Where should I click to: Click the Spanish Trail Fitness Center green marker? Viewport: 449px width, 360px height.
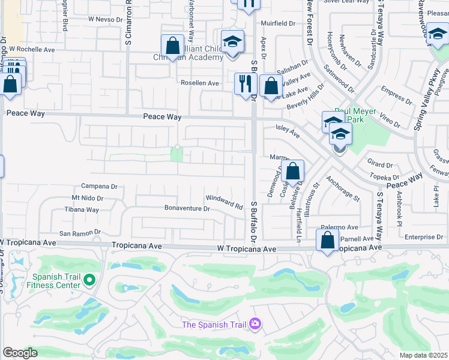[89, 280]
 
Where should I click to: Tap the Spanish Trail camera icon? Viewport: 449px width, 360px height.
[256, 324]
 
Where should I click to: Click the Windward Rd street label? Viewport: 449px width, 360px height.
[224, 202]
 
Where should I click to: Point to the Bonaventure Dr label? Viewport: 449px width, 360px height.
[187, 209]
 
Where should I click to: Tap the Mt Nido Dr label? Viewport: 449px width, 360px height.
[88, 197]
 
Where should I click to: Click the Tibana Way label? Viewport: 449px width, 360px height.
[82, 210]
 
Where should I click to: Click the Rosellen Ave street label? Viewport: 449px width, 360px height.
[200, 83]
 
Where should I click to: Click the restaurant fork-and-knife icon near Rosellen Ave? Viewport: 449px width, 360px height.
[245, 83]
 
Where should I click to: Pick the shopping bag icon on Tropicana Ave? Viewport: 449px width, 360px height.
[328, 241]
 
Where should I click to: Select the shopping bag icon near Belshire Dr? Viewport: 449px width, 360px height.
[292, 170]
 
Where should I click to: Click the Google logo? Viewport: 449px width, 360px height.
[20, 352]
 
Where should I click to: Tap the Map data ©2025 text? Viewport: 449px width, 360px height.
[423, 355]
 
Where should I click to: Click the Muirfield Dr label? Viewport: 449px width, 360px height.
[278, 23]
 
